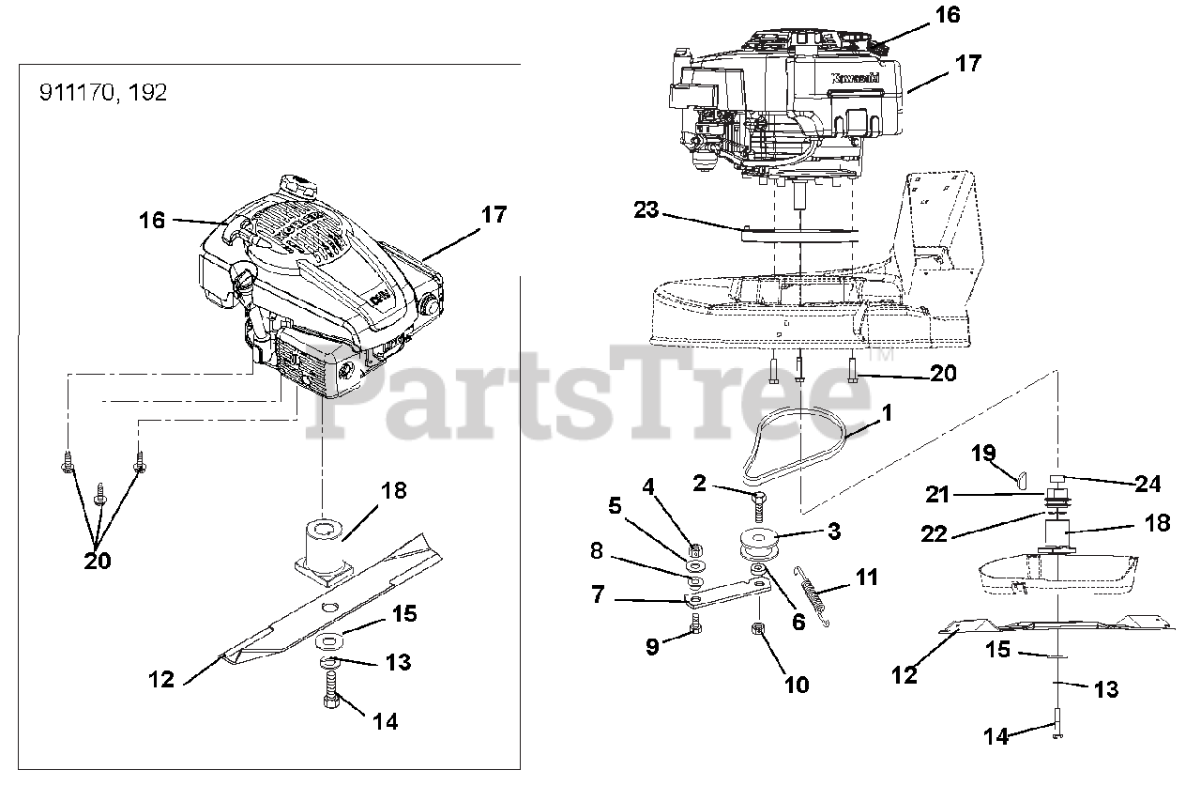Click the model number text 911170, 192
tap(103, 94)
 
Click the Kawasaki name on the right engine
tap(856, 81)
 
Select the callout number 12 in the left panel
tap(161, 680)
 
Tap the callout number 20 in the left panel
tap(97, 561)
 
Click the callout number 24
tap(1148, 484)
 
